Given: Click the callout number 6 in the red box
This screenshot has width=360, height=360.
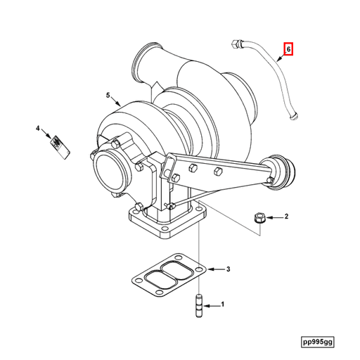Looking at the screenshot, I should [288, 50].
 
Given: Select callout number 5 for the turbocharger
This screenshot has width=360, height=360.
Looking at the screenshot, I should [109, 95].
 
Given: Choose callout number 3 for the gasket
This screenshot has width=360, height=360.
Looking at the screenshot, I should [227, 269].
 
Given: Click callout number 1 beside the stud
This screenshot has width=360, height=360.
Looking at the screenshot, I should [222, 304].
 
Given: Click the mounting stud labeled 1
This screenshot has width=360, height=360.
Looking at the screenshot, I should [198, 307].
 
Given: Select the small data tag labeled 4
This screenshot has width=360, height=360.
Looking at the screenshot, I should [58, 146].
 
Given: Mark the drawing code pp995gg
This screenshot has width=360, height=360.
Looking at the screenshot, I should [319, 341].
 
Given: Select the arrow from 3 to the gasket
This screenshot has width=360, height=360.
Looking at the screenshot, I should [215, 269].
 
